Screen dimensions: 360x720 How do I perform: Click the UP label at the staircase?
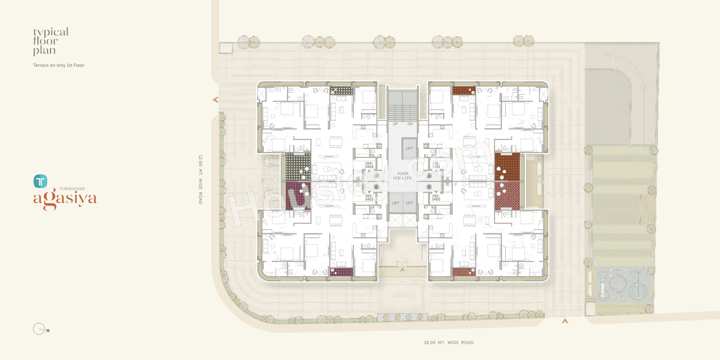395,124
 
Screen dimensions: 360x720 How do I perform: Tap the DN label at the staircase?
410,124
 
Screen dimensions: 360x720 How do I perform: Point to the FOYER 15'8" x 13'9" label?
403,175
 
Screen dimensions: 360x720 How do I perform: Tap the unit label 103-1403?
369,197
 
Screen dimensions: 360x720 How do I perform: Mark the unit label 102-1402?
436,197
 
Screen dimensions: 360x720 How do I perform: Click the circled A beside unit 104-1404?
376,175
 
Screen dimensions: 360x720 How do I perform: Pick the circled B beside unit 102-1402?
429,187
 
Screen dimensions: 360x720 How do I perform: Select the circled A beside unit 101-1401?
429,175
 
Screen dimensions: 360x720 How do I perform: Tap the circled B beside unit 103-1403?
376,187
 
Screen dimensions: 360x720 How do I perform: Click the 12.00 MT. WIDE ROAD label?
200,179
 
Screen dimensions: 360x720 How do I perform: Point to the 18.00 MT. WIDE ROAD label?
448,343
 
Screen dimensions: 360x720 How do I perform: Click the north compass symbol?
39,329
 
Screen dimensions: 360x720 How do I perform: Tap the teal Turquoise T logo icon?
40,181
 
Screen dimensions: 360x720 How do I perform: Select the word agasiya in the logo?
65,199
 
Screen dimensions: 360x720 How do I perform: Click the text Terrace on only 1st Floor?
58,65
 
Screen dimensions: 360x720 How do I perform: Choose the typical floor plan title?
51,41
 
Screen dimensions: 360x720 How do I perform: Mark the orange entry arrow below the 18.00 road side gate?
565,321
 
